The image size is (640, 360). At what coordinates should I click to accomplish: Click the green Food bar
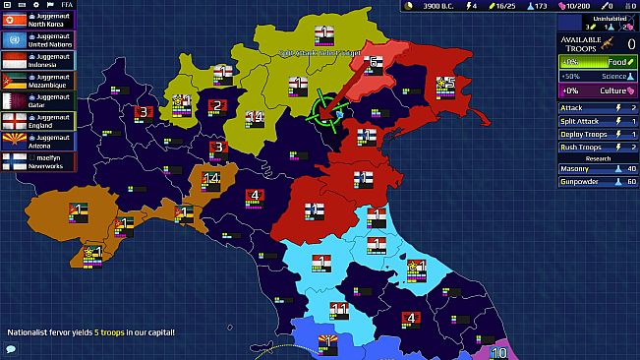597,61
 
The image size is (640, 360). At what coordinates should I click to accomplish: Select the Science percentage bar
597,76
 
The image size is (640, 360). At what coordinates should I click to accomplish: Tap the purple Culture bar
597,90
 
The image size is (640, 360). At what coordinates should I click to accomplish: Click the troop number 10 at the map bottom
498,353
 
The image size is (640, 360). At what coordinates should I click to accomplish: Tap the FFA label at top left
66,5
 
